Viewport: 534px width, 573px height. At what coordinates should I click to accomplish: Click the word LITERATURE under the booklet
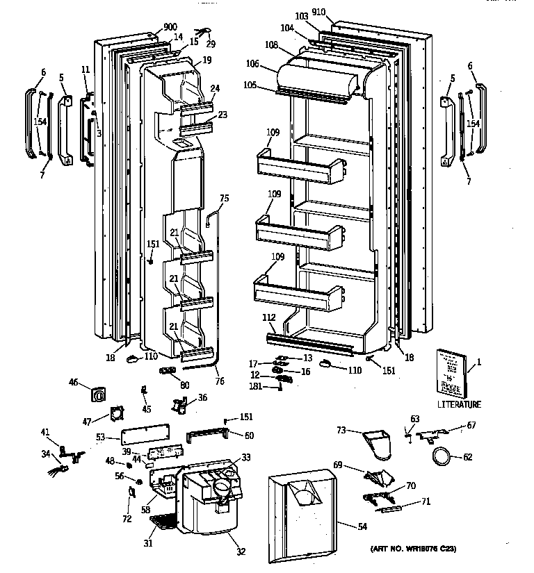tap(459, 404)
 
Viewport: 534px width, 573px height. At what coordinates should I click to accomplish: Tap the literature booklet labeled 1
tap(452, 372)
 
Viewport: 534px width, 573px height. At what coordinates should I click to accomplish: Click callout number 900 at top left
tap(170, 27)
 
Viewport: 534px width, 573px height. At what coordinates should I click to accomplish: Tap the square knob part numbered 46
tap(100, 395)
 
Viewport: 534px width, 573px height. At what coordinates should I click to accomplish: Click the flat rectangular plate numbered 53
tap(144, 438)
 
